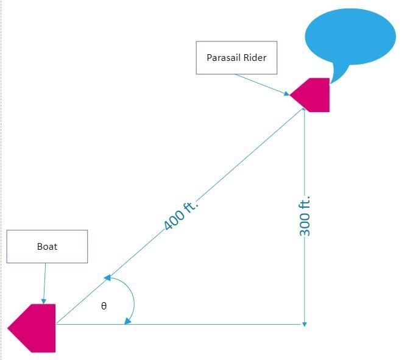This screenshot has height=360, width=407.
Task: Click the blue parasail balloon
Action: pyautogui.click(x=350, y=37)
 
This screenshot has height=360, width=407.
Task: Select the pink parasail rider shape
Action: pyautogui.click(x=313, y=95)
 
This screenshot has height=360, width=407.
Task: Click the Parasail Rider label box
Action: pyautogui.click(x=236, y=58)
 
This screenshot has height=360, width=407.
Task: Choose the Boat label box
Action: pyautogui.click(x=47, y=247)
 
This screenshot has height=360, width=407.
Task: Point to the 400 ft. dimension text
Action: pyautogui.click(x=182, y=216)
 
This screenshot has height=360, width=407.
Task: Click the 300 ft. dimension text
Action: pyautogui.click(x=305, y=216)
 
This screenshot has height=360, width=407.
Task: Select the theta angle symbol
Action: pyautogui.click(x=104, y=306)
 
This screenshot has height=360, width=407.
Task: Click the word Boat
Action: pyautogui.click(x=47, y=247)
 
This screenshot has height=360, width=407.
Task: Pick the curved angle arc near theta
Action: pyautogui.click(x=133, y=298)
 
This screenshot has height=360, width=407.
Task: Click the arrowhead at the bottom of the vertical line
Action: pyautogui.click(x=304, y=323)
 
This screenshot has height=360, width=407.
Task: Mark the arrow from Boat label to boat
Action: pyautogui.click(x=44, y=283)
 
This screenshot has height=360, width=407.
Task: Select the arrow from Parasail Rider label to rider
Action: pyautogui.click(x=262, y=85)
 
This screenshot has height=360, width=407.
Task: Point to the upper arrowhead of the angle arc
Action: pyautogui.click(x=107, y=278)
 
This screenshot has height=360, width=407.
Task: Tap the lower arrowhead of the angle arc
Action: pyautogui.click(x=127, y=321)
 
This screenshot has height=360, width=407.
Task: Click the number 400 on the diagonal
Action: pyautogui.click(x=174, y=222)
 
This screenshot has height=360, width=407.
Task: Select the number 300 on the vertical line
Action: pyautogui.click(x=305, y=225)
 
